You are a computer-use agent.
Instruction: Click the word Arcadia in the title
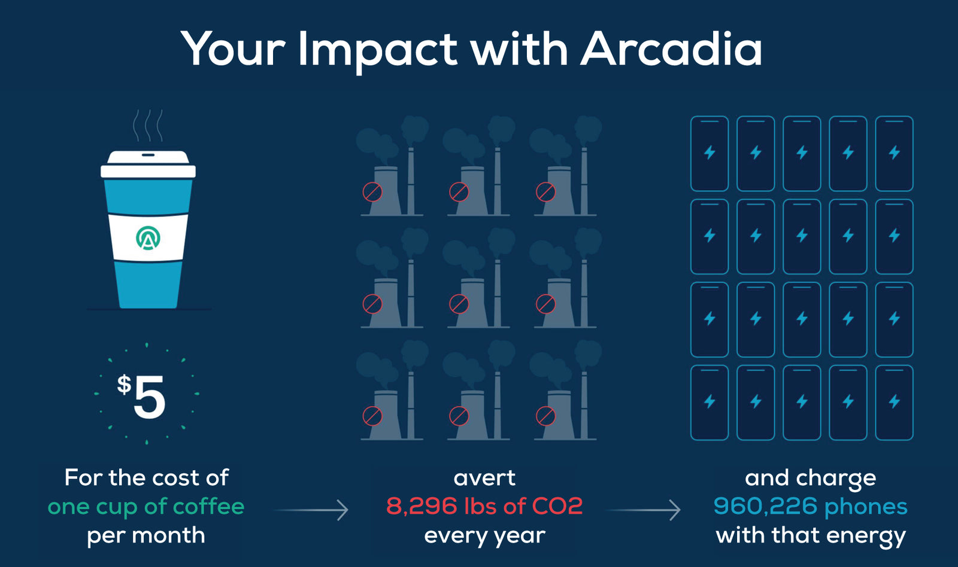pyautogui.click(x=671, y=48)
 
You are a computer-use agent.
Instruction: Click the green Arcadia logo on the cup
pyautogui.click(x=148, y=237)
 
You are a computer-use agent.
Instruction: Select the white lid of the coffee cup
pyautogui.click(x=148, y=164)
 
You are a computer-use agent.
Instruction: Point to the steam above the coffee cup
pyautogui.click(x=148, y=125)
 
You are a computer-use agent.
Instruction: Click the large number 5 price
pyautogui.click(x=149, y=397)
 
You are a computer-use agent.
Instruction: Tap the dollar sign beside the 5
pyautogui.click(x=124, y=384)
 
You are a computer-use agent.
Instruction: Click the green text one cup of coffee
pyautogui.click(x=146, y=507)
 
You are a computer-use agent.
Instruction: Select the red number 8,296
pyautogui.click(x=422, y=507)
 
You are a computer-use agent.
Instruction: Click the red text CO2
pyautogui.click(x=557, y=507)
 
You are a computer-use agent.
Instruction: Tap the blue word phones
pyautogui.click(x=866, y=507)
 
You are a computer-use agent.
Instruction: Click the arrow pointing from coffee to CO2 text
pyautogui.click(x=311, y=510)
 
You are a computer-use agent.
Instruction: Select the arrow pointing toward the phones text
pyautogui.click(x=643, y=510)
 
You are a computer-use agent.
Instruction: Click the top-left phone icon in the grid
pyautogui.click(x=710, y=153)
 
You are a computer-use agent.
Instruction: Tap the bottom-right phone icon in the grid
pyautogui.click(x=895, y=403)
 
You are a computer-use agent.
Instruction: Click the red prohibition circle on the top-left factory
pyautogui.click(x=372, y=192)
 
